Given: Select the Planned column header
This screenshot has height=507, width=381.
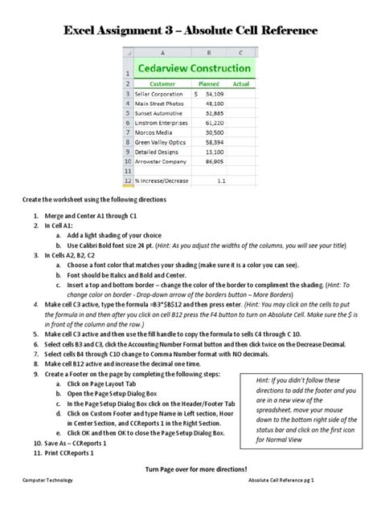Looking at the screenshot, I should coord(209,83).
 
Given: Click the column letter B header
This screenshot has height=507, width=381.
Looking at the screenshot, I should coord(209,54).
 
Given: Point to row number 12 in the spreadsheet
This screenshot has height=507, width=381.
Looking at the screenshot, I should coord(127,181).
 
